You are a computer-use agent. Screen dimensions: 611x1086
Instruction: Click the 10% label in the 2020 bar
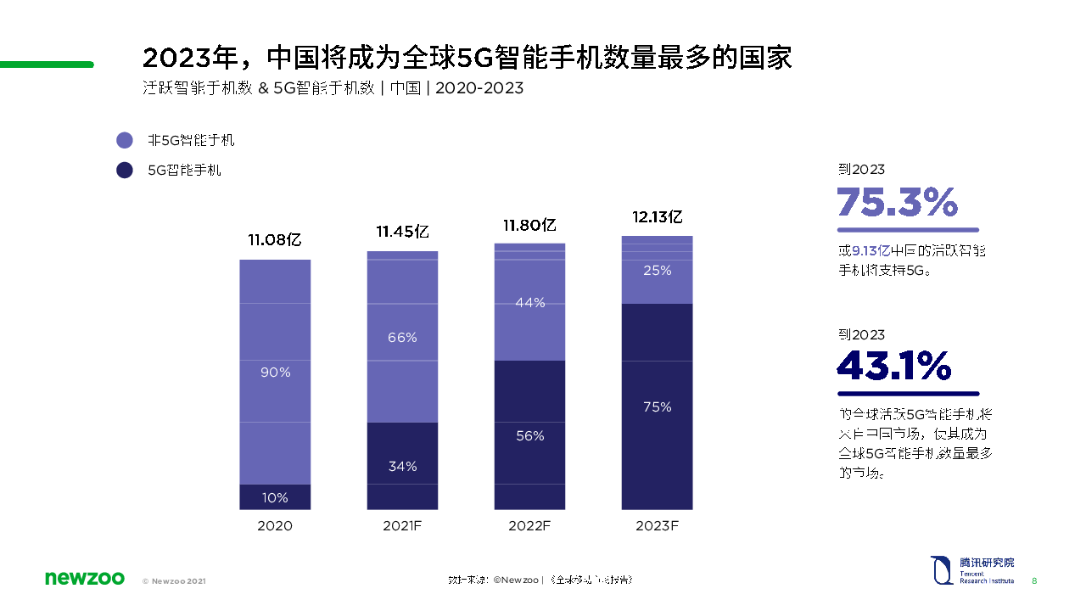point(275,497)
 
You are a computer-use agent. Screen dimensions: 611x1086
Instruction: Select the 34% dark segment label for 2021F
point(402,466)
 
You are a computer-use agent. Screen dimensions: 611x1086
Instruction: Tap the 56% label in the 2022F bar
point(530,435)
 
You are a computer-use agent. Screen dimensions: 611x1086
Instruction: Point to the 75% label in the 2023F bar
point(658,407)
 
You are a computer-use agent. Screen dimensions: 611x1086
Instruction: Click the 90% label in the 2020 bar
point(275,372)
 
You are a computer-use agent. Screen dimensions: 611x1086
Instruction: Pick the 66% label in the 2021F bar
point(402,337)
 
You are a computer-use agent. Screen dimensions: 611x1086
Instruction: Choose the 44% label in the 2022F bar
point(530,302)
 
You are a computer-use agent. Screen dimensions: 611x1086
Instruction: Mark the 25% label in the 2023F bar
point(658,271)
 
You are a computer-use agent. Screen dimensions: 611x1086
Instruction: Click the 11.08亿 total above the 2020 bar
point(275,240)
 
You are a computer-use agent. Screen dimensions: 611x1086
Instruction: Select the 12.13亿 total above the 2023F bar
point(658,217)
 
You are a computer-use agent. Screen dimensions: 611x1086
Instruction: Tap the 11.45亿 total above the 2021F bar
point(402,232)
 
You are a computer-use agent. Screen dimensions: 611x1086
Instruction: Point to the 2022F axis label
point(530,526)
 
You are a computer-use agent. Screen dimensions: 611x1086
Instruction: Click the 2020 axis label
point(275,526)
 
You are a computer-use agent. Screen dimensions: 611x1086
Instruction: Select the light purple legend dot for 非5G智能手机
point(125,141)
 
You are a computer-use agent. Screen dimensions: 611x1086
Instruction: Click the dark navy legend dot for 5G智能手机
point(125,170)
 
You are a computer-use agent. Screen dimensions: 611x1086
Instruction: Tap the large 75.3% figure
point(897,203)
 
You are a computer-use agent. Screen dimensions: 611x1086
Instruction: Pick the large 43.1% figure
point(893,366)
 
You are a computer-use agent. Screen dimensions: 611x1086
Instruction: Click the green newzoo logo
point(84,579)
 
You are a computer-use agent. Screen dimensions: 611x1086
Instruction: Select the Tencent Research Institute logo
point(972,569)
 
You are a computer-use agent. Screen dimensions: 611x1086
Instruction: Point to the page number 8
point(1034,581)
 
